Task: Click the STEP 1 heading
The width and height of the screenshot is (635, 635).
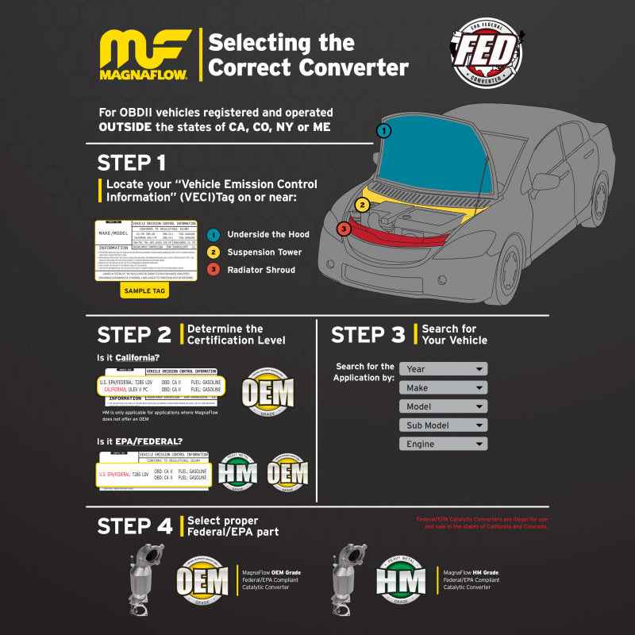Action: coord(132,163)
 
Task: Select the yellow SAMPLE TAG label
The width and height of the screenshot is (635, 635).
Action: coord(144,291)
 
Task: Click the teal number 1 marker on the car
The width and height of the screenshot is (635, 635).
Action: coord(383,130)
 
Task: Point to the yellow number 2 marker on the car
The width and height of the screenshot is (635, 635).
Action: coord(362,205)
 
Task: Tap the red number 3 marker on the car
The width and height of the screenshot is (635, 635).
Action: coord(343,229)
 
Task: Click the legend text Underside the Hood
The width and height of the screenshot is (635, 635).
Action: coord(267,234)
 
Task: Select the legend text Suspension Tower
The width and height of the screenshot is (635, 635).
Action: coord(264,252)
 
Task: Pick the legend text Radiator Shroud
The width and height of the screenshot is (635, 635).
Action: coord(261,270)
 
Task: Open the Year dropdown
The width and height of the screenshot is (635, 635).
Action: coord(443,369)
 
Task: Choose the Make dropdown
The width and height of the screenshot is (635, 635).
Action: coord(443,388)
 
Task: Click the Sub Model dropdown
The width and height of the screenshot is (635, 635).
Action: coord(443,425)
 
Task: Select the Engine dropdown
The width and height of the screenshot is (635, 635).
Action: coord(443,444)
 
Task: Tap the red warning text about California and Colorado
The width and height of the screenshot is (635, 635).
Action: coord(483,522)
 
